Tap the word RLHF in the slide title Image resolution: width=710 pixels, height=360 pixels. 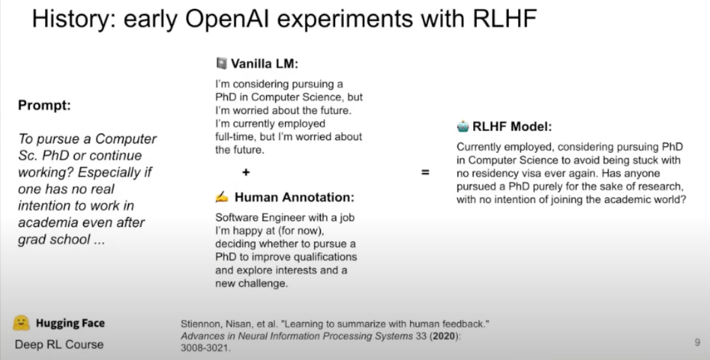[x=504, y=18]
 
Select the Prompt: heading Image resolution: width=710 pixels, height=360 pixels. [x=44, y=105]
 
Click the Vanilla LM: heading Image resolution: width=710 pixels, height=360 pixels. [x=265, y=63]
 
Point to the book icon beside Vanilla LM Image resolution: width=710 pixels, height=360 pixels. [x=222, y=63]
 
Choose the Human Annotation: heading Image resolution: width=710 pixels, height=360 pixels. [x=295, y=197]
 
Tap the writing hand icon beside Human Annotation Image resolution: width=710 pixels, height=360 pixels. [x=222, y=196]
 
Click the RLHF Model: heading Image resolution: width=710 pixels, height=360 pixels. [x=512, y=127]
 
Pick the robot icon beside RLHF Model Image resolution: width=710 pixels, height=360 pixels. [x=463, y=126]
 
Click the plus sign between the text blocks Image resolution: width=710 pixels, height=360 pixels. [x=246, y=172]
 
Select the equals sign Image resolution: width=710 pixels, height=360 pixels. [x=425, y=172]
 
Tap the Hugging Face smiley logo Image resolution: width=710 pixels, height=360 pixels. [x=22, y=323]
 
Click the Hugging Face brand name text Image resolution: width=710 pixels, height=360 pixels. [x=70, y=323]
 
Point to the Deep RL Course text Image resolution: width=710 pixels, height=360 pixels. [x=60, y=345]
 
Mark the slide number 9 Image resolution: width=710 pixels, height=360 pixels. [x=697, y=342]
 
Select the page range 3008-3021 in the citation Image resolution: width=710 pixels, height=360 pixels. [x=205, y=348]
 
